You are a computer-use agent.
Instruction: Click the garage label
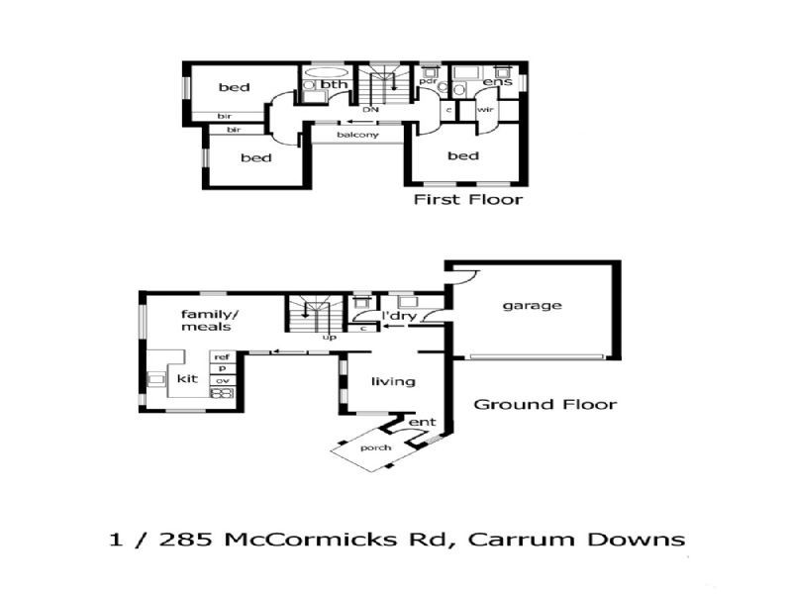pos(532,305)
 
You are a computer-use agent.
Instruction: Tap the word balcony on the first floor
pos(357,135)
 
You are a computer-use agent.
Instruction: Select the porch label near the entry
pos(376,447)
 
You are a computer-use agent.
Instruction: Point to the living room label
pos(393,381)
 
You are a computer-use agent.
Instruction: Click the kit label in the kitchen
pos(186,378)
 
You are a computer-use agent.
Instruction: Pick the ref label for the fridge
pos(222,356)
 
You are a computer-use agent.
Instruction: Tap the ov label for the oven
pos(222,380)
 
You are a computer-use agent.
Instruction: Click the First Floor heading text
pos(467,200)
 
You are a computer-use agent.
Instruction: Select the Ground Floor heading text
pos(544,404)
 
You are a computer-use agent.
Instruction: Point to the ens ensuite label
pos(497,81)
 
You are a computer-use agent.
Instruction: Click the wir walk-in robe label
pos(485,109)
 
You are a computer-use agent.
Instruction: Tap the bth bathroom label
pos(335,85)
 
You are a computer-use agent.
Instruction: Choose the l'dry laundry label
pos(398,317)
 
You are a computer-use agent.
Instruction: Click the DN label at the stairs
pos(371,109)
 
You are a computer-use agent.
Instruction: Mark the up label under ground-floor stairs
pos(330,337)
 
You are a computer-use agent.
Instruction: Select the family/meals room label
pos(205,319)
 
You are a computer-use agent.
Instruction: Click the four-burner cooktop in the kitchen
pos(221,392)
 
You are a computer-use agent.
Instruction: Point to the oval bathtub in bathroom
pos(325,72)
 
